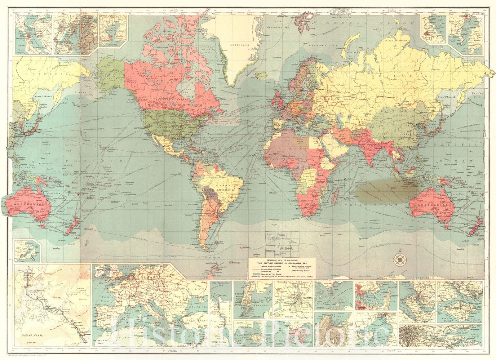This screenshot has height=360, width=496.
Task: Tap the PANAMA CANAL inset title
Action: click(31, 336)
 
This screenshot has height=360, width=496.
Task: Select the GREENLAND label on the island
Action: click(240, 45)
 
